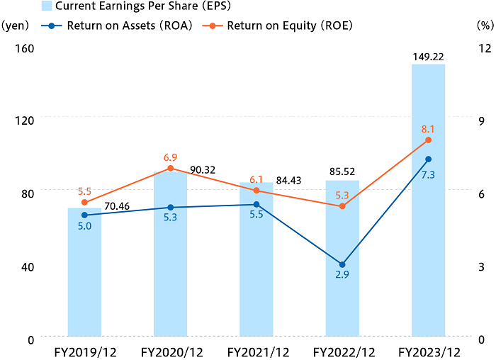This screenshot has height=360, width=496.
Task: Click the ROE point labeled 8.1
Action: (x=428, y=140)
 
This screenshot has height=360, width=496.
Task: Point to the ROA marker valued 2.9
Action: (x=342, y=264)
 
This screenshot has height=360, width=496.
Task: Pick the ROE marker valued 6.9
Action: (x=170, y=168)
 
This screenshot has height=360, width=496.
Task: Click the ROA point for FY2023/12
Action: (x=428, y=159)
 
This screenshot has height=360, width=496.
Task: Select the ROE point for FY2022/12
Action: (x=342, y=206)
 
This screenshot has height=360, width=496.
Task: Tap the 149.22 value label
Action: (x=428, y=55)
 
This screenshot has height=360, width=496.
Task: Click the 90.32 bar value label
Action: (x=203, y=170)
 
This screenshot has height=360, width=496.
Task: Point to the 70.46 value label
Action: (x=117, y=207)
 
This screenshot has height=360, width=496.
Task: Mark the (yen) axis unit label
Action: (x=16, y=26)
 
